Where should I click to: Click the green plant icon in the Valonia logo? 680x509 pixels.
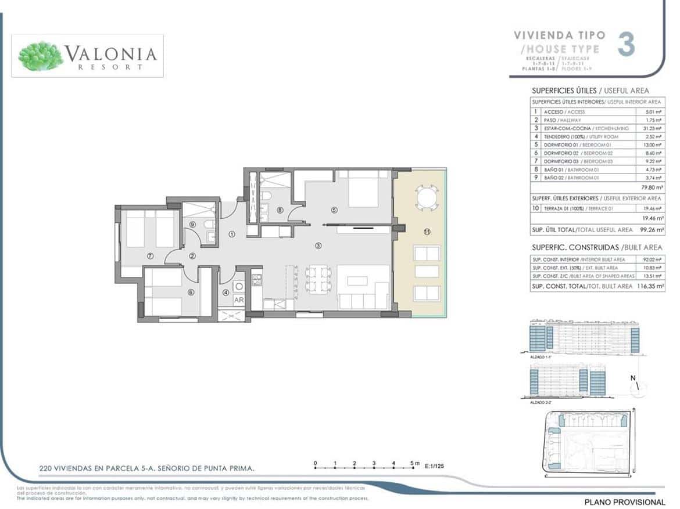pyautogui.click(x=41, y=56)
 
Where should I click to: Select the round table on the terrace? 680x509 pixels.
pyautogui.click(x=427, y=197)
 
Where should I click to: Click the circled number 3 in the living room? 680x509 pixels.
pyautogui.click(x=318, y=246)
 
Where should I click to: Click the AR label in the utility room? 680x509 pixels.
pyautogui.click(x=238, y=300)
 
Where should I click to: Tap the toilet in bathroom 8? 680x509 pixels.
pyautogui.click(x=265, y=197)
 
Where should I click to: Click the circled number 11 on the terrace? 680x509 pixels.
pyautogui.click(x=427, y=232)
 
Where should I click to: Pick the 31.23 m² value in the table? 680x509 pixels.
pyautogui.click(x=653, y=128)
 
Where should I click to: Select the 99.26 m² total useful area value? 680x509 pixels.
pyautogui.click(x=652, y=230)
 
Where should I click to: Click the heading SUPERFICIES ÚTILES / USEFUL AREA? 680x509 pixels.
pyautogui.click(x=590, y=91)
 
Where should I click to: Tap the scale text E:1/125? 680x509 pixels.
pyautogui.click(x=434, y=466)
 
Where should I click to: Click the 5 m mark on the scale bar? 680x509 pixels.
pyautogui.click(x=414, y=463)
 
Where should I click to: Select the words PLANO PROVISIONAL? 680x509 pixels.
pyautogui.click(x=624, y=502)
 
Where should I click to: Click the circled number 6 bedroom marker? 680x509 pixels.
pyautogui.click(x=191, y=293)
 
